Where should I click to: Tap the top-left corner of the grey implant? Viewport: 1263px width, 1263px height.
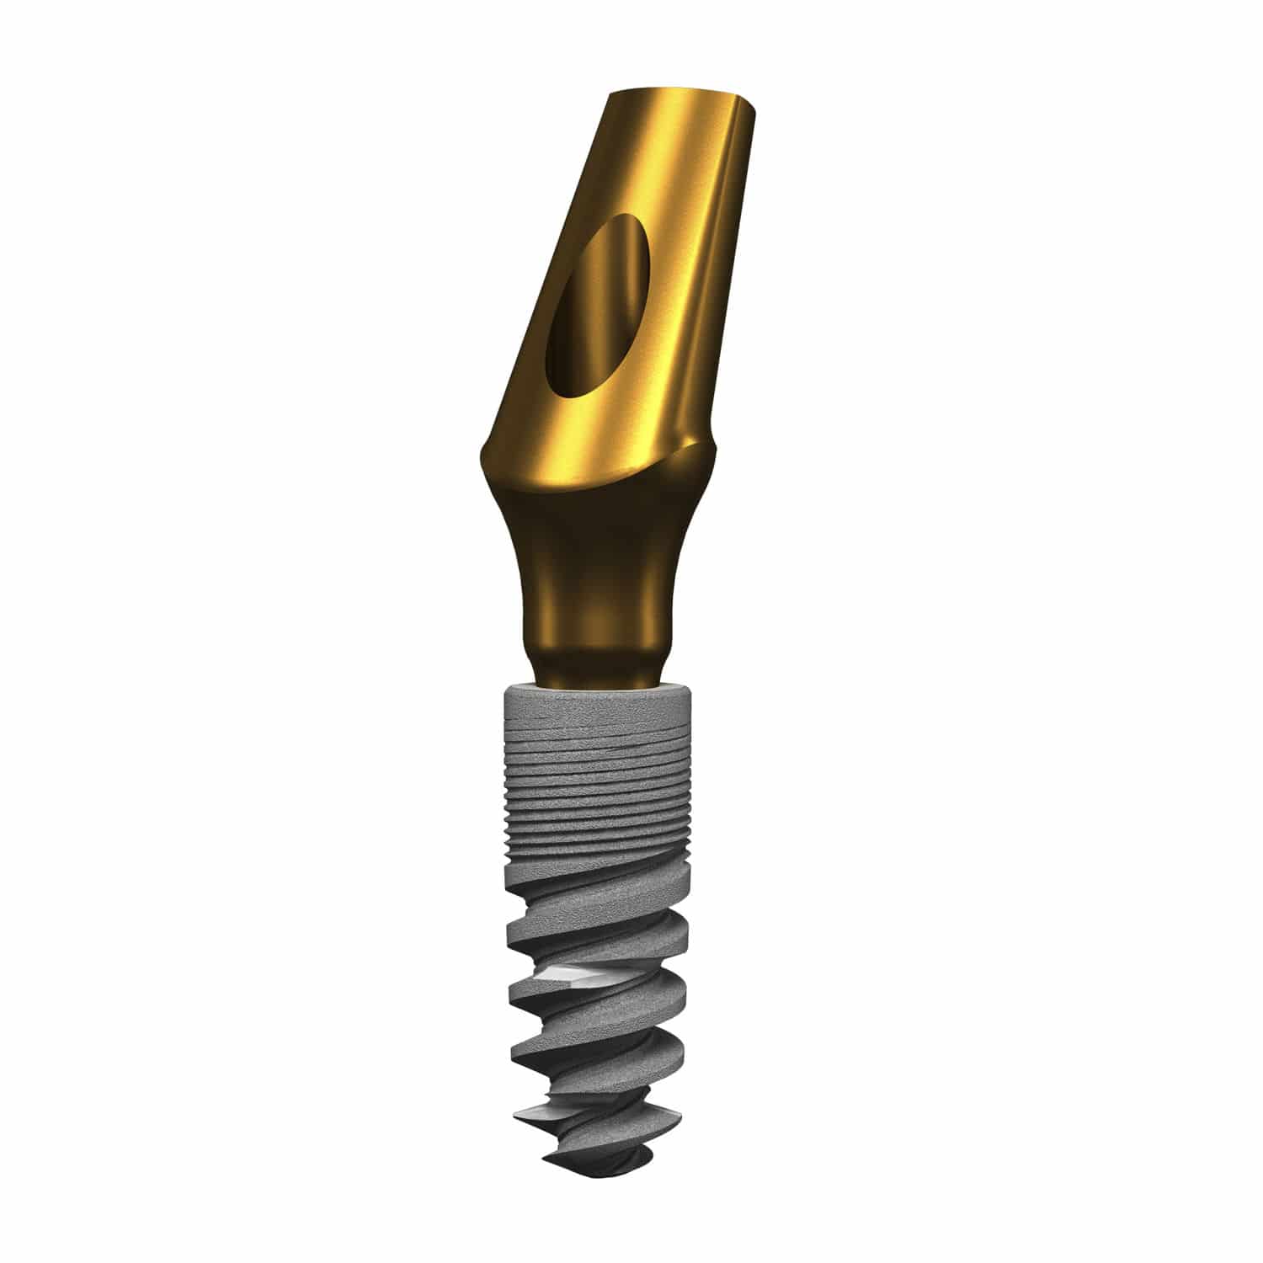click(x=504, y=695)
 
